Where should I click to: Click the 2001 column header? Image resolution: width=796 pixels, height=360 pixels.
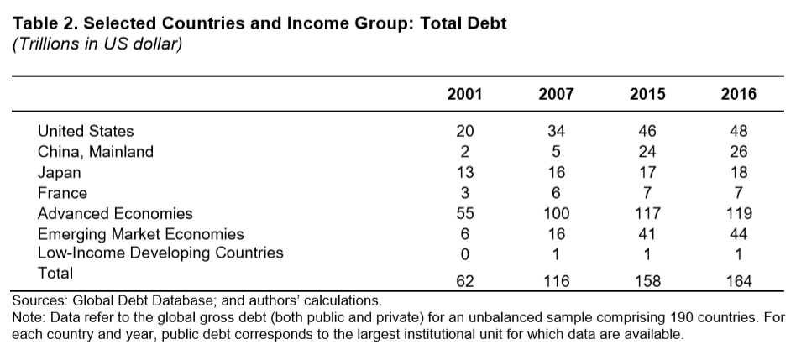(x=465, y=94)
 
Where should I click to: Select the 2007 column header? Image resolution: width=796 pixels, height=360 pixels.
(x=556, y=94)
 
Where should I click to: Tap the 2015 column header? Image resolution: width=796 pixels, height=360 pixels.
(x=647, y=94)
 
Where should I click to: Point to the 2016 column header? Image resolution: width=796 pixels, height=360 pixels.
(x=738, y=94)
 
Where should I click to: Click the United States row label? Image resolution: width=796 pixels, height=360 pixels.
(x=86, y=131)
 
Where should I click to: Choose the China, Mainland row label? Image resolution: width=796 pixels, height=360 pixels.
(x=96, y=152)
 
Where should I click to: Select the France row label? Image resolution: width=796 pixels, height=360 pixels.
(x=61, y=192)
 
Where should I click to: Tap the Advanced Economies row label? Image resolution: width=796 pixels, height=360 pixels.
(x=115, y=213)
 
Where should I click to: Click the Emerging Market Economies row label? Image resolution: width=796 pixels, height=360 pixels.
(x=140, y=234)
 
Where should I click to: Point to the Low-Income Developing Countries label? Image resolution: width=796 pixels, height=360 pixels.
(x=160, y=253)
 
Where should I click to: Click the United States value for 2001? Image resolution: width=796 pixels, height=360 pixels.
(x=464, y=131)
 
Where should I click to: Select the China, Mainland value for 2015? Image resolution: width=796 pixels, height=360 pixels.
(x=647, y=152)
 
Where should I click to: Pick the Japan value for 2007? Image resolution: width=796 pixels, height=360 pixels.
(x=556, y=172)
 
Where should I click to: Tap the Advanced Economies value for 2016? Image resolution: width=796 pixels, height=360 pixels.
(x=738, y=213)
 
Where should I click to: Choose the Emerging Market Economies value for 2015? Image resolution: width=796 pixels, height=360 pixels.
(x=647, y=234)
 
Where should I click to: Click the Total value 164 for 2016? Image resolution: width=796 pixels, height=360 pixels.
(x=738, y=282)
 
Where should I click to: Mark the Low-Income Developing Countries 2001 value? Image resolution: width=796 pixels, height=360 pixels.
(x=464, y=253)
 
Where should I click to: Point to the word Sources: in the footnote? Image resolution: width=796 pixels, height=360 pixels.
(x=39, y=300)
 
